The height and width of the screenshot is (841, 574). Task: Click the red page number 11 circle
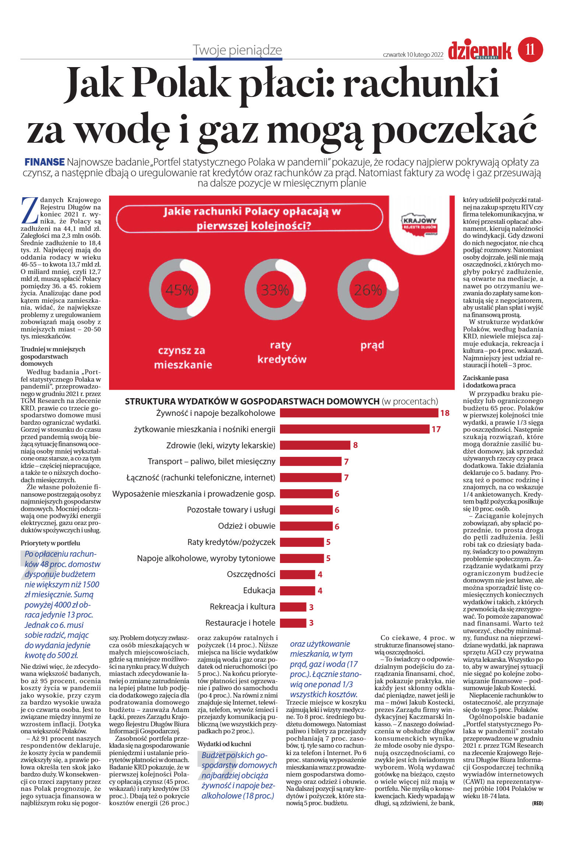coord(530,49)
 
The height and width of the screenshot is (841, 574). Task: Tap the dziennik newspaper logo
coord(480,51)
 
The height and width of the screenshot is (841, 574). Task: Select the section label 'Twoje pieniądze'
coord(237,50)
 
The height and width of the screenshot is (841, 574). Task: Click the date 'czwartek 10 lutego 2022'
coord(413,55)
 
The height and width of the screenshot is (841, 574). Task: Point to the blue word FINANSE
coord(45,162)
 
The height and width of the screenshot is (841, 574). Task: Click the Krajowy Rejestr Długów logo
coord(420,225)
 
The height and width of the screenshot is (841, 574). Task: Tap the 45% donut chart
coord(179,289)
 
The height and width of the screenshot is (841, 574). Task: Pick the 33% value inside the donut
coord(275,290)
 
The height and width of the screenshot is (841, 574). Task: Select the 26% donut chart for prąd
coord(368,289)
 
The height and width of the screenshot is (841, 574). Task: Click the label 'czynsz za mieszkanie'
coord(182,357)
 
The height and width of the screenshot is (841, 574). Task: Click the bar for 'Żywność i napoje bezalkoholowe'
coord(359,413)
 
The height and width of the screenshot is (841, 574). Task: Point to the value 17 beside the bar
coord(436,429)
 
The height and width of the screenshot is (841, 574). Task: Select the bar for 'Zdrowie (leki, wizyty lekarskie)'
coord(315,445)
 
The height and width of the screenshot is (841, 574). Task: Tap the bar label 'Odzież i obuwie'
coord(246,526)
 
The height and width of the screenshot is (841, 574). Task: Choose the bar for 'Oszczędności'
coord(297,574)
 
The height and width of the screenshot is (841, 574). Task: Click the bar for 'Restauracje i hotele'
coord(293,623)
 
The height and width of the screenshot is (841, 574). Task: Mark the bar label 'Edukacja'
coord(259,591)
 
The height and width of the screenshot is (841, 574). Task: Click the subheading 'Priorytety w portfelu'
coord(50,543)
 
